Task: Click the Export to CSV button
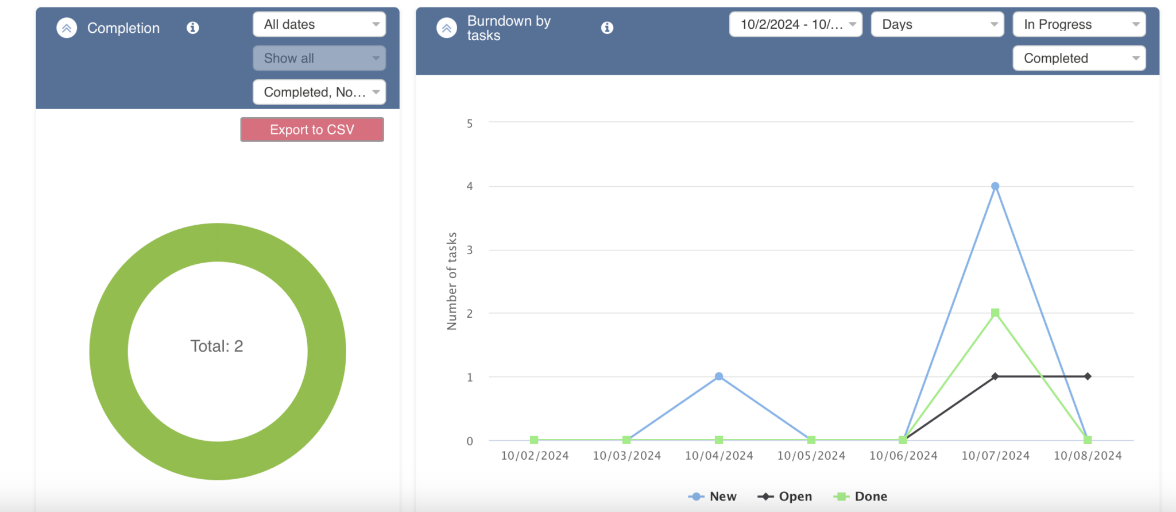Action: click(312, 130)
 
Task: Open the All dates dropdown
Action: click(319, 25)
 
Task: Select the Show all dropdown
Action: click(319, 58)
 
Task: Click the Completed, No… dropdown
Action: click(319, 92)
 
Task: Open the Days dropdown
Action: click(937, 25)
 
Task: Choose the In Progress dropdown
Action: click(1078, 25)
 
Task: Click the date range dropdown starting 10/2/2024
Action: click(795, 25)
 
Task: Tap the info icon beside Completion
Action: click(193, 28)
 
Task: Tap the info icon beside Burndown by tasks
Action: click(607, 28)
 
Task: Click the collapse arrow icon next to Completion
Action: click(67, 28)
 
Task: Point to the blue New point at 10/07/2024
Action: click(995, 186)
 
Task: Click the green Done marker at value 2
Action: click(995, 313)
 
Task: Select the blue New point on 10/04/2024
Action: click(719, 376)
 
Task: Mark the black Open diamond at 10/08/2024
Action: click(1088, 376)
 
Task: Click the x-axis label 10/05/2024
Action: click(811, 456)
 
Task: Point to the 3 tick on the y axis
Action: click(470, 250)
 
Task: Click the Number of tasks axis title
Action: click(452, 281)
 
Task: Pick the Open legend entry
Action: click(785, 496)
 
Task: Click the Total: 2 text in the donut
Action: click(217, 346)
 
